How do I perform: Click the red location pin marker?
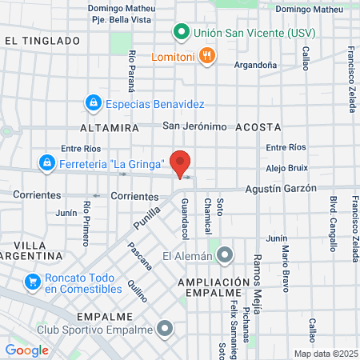pyautogui.click(x=181, y=162)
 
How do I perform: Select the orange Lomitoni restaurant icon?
pyautogui.click(x=206, y=55)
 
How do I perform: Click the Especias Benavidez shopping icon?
pyautogui.click(x=94, y=103)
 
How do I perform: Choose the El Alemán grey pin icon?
pyautogui.click(x=226, y=256)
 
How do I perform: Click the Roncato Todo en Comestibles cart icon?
pyautogui.click(x=33, y=282)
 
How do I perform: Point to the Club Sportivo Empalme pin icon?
pyautogui.click(x=166, y=328)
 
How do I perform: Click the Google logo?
pyautogui.click(x=26, y=350)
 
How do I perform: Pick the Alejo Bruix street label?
pyautogui.click(x=286, y=168)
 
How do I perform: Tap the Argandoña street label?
pyautogui.click(x=256, y=65)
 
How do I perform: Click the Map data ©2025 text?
pyautogui.click(x=325, y=353)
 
